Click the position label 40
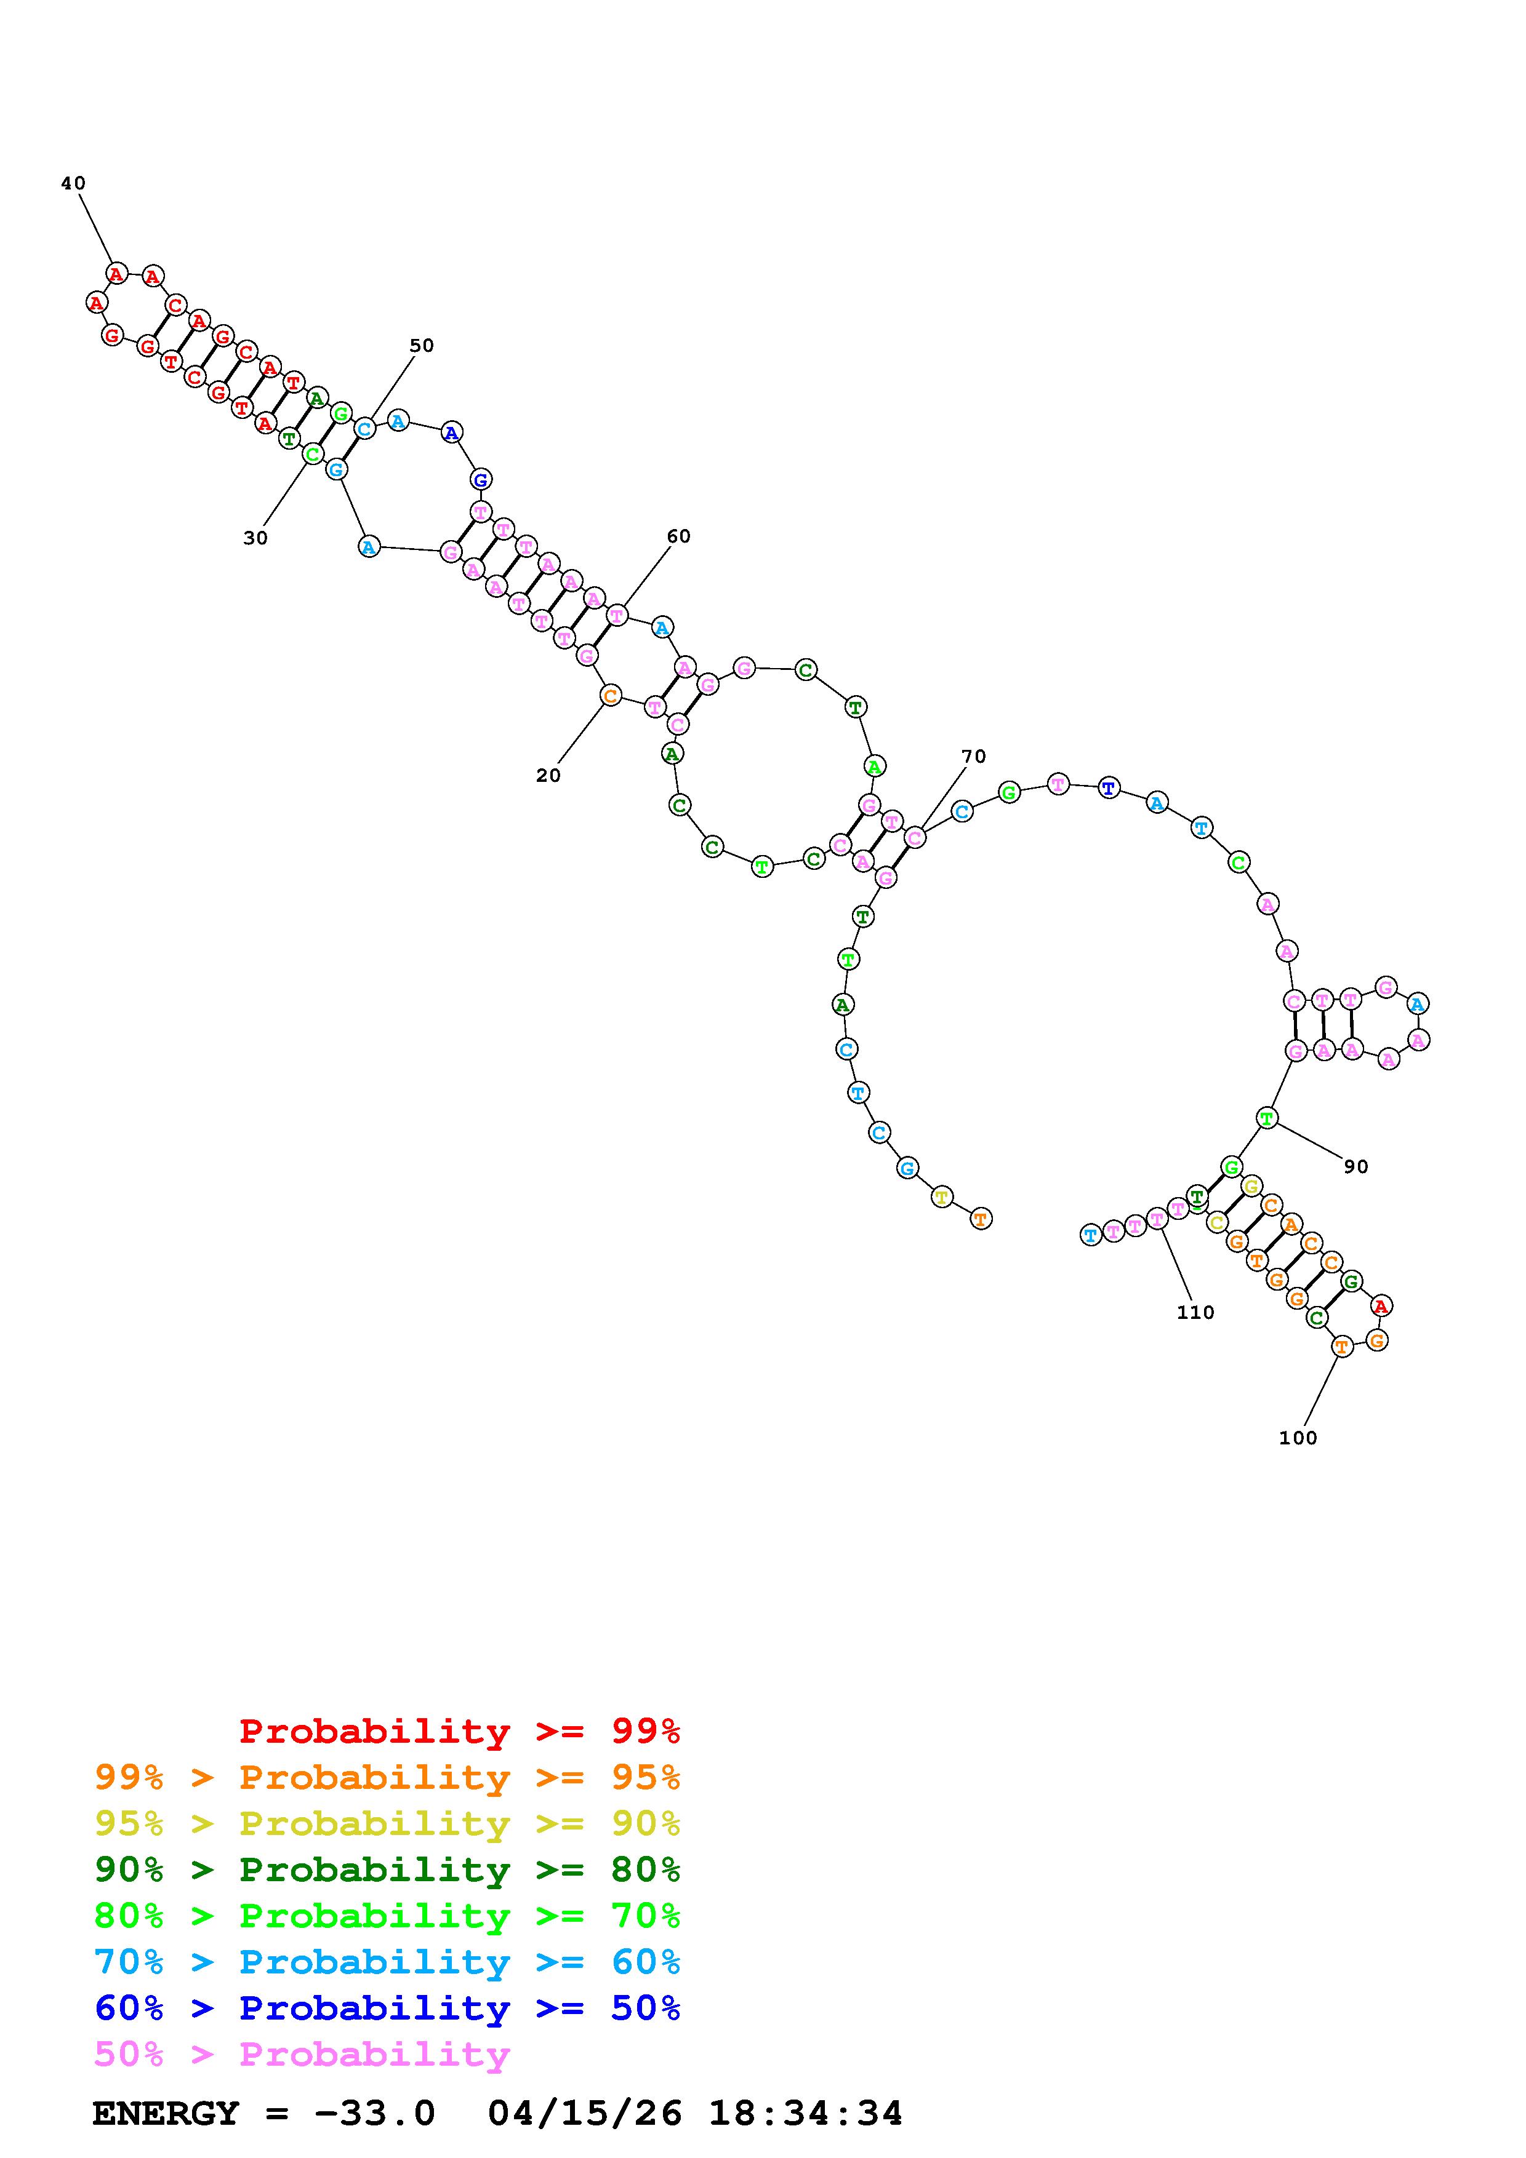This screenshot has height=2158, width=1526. (73, 183)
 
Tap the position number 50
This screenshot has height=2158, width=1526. (422, 345)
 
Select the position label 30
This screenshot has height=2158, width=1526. (255, 538)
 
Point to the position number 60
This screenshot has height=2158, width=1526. (679, 536)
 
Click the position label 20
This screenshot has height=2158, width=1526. (548, 775)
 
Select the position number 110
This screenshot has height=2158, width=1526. (1196, 1312)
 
